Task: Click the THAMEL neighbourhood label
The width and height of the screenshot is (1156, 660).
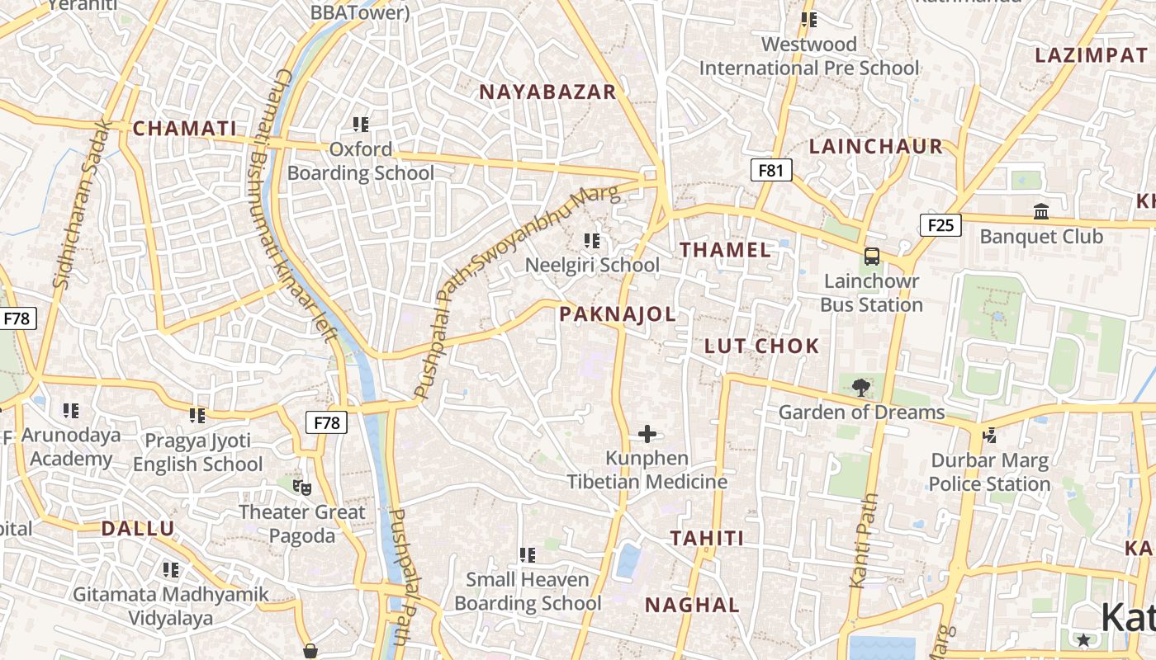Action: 725,250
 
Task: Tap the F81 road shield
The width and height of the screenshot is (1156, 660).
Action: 770,170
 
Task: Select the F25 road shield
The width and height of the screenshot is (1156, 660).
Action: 940,224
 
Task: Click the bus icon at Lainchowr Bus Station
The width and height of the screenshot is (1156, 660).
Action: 872,257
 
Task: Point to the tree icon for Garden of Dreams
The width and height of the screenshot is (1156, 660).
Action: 861,387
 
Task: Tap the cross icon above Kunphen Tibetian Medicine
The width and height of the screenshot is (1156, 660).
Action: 647,433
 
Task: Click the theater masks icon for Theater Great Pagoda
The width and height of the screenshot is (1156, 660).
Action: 302,487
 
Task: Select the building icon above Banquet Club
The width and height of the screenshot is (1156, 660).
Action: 1040,212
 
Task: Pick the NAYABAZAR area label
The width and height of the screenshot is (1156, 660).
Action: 547,92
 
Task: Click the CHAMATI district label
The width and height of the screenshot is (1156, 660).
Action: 184,128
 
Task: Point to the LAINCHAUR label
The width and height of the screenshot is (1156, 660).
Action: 875,146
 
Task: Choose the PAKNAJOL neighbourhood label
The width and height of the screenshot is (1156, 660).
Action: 618,313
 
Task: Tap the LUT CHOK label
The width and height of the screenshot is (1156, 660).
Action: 761,346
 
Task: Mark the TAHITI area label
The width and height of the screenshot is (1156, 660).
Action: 707,538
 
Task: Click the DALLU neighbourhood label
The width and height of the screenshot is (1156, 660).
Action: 138,529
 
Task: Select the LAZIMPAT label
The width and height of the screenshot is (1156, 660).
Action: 1091,55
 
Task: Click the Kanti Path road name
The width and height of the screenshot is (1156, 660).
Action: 864,541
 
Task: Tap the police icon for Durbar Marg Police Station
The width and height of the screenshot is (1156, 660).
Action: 989,435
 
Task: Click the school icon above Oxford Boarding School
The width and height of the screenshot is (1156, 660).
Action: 361,125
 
